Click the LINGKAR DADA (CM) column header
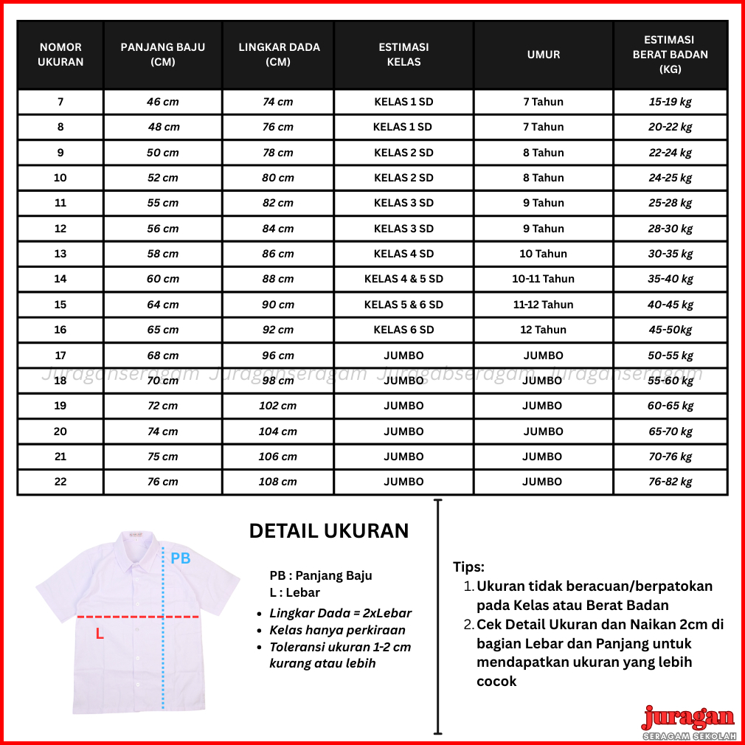279,55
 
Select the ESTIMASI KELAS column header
403,55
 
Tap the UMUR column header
544,55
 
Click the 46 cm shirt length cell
163,102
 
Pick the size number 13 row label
60,254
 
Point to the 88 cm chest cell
278,279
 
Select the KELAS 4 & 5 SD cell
403,279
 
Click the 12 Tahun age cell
544,330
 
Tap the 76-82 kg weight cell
670,482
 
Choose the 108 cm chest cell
278,482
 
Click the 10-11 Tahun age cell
544,279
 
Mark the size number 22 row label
60,482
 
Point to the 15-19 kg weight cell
670,102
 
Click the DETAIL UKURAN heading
328,531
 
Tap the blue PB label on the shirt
181,558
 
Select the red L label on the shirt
100,634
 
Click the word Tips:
468,567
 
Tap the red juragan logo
687,718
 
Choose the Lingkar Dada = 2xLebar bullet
340,613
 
